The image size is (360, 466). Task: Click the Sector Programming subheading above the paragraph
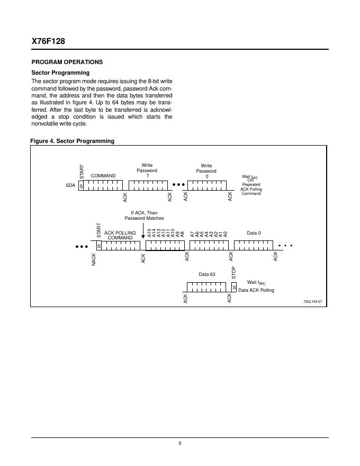(60, 73)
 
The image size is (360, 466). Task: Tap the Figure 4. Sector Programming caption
(73, 141)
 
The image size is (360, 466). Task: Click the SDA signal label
(70, 186)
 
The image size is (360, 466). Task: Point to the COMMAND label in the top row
(103, 175)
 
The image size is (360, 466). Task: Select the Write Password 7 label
(147, 171)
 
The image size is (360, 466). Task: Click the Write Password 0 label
(206, 171)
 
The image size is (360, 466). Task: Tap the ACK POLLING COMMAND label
(120, 235)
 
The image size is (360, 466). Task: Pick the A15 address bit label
(149, 233)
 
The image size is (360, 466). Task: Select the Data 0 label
(254, 232)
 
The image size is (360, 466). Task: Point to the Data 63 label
(207, 274)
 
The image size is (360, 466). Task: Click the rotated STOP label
(234, 273)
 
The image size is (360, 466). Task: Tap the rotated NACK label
(94, 259)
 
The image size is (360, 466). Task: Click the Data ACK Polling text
(256, 290)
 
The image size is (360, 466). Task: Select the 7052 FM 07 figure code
(312, 301)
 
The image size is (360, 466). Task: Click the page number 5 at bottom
(180, 444)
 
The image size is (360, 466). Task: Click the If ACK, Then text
(144, 212)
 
